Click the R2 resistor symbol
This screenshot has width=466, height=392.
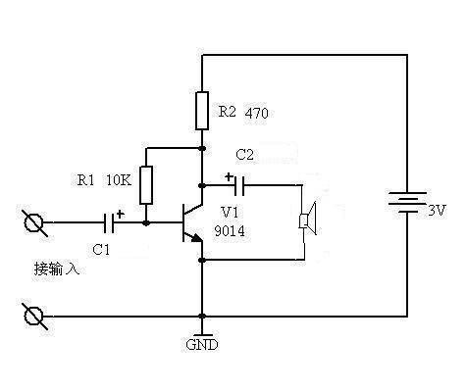click(202, 110)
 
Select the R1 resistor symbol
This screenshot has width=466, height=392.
click(146, 183)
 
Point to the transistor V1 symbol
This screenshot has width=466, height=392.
click(189, 223)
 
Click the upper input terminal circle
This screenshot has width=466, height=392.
click(34, 223)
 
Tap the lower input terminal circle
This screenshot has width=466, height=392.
click(34, 317)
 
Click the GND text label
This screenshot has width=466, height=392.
click(202, 345)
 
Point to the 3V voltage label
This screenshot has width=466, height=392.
click(437, 211)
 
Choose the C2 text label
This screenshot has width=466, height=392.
click(244, 155)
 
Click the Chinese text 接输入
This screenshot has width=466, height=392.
click(55, 268)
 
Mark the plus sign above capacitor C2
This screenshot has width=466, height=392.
click(229, 176)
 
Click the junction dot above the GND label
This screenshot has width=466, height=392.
click(202, 317)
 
